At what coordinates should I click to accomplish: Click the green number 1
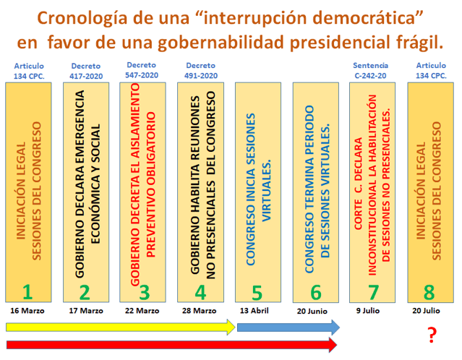(27, 292)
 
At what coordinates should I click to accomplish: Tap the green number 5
(257, 293)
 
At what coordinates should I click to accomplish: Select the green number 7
(373, 292)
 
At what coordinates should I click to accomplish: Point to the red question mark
(432, 335)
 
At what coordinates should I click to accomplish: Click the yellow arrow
(121, 327)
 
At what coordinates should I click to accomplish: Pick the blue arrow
(288, 327)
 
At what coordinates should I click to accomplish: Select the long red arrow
(171, 345)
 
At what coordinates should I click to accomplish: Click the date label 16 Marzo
(27, 311)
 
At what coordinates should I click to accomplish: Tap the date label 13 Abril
(254, 311)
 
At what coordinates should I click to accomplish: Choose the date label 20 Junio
(312, 312)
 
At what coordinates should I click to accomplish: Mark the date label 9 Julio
(368, 311)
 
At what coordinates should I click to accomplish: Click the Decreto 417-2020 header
(86, 71)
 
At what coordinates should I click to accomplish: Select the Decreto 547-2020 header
(142, 70)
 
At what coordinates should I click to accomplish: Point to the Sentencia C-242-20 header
(370, 71)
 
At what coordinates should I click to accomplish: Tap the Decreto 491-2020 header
(201, 71)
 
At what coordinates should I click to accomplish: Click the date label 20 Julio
(426, 311)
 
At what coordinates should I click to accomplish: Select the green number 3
(145, 293)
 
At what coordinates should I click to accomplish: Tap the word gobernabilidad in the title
(221, 42)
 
